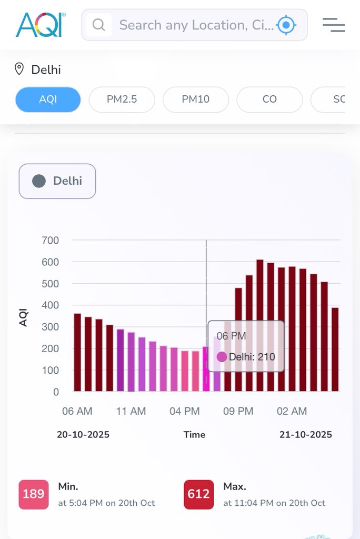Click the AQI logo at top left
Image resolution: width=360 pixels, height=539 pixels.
[39, 25]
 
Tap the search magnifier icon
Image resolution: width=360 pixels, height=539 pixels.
[98, 25]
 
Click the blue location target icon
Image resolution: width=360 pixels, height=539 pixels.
[286, 25]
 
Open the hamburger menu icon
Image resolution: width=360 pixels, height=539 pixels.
[334, 25]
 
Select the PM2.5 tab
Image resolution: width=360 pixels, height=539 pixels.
[122, 99]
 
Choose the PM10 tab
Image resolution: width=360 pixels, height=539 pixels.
[196, 99]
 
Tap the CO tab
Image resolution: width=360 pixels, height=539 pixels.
[269, 99]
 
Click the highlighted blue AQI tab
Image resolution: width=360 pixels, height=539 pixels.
[48, 99]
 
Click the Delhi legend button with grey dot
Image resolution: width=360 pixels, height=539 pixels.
[57, 181]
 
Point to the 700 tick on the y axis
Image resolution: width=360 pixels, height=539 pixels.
[51, 241]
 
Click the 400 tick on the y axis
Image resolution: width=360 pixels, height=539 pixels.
[51, 305]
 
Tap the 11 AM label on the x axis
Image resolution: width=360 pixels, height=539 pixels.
[131, 411]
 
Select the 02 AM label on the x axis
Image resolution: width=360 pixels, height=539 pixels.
[292, 411]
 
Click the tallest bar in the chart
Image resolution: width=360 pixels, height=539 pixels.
[260, 325]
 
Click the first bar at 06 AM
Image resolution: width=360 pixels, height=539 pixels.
[77, 352]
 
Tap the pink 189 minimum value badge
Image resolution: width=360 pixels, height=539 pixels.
[34, 494]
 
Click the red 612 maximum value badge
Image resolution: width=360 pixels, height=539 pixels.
[199, 494]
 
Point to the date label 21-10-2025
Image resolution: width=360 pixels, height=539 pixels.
[306, 434]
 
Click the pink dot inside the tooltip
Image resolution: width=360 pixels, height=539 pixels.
[222, 357]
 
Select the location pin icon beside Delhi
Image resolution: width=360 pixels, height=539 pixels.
[19, 69]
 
